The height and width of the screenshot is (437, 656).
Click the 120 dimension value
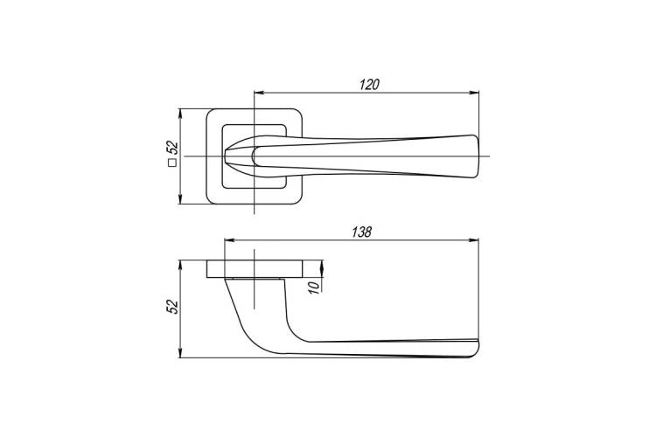[x=369, y=85]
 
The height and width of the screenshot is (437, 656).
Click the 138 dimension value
[x=361, y=232]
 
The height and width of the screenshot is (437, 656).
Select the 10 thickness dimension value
[x=314, y=287]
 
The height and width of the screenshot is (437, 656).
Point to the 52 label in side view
[x=172, y=307]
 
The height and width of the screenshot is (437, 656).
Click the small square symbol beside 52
[x=172, y=163]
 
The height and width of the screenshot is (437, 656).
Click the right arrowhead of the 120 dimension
[x=474, y=93]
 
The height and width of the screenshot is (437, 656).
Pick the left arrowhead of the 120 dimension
[x=260, y=93]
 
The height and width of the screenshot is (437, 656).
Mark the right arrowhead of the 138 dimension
[x=474, y=240]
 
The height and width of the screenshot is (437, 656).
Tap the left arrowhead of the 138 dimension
[x=230, y=240]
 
